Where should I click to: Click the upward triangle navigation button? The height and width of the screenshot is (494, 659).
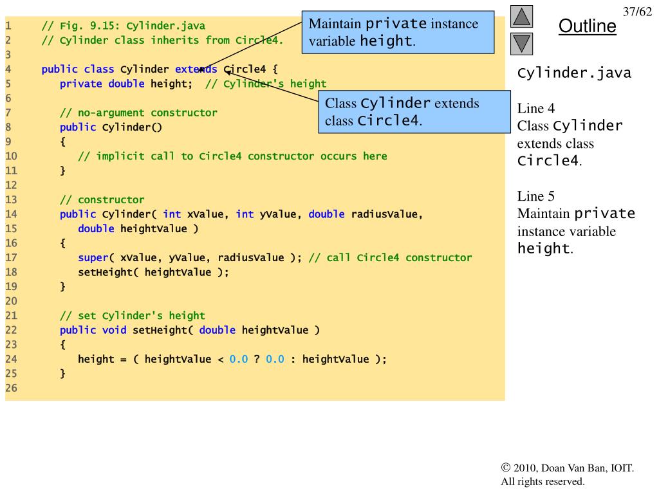click(522, 17)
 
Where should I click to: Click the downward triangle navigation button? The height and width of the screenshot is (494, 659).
click(522, 44)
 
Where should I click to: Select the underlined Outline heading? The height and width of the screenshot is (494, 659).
click(587, 26)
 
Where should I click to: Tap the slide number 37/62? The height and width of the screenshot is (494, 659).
click(638, 12)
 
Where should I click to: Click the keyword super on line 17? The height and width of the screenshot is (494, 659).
click(93, 258)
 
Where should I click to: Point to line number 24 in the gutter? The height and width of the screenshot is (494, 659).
click(11, 359)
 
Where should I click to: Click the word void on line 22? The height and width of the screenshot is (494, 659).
click(115, 331)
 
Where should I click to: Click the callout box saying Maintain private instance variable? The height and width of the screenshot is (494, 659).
click(398, 32)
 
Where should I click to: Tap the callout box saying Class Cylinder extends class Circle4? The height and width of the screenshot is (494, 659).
click(414, 112)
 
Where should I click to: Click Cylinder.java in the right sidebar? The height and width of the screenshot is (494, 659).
click(574, 73)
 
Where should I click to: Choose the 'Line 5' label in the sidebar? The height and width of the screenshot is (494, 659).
click(536, 196)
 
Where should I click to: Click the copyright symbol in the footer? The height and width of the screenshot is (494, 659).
click(505, 468)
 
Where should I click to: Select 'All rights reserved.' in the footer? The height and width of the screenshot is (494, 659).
click(543, 481)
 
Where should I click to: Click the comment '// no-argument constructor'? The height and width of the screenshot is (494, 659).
click(138, 113)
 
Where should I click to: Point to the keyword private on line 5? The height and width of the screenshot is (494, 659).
click(81, 84)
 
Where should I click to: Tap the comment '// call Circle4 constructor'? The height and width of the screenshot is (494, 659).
click(390, 258)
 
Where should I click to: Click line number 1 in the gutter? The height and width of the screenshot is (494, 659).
click(8, 26)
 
